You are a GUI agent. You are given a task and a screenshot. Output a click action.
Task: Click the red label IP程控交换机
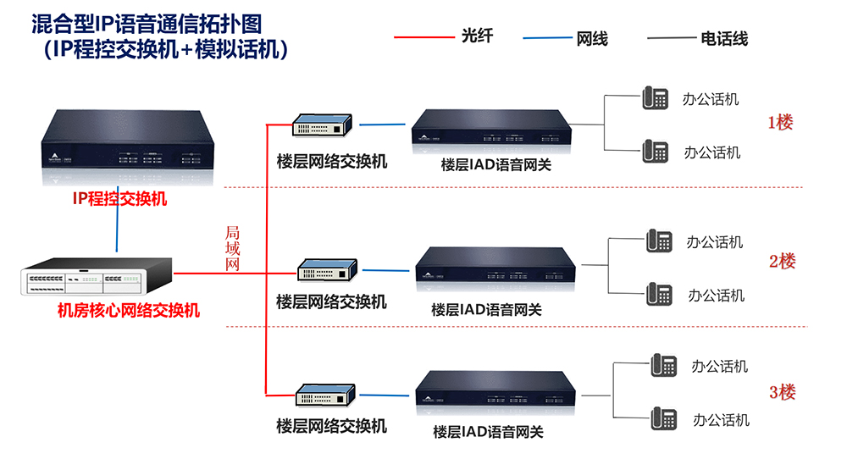[x=119, y=200]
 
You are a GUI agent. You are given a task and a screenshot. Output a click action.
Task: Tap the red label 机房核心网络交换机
[x=128, y=310]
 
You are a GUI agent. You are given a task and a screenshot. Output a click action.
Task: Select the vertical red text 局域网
[x=233, y=248]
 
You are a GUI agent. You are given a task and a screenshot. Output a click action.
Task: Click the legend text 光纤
[x=477, y=36]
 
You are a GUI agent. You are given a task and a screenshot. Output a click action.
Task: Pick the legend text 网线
[x=592, y=39]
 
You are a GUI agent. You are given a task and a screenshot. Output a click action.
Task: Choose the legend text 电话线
[x=724, y=39]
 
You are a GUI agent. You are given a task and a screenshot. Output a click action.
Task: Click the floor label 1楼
[x=780, y=122]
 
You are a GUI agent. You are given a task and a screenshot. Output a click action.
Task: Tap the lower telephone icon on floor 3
[x=663, y=418]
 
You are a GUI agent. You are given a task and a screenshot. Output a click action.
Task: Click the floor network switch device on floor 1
[x=323, y=126]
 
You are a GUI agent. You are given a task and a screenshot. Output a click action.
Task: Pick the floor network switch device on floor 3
[x=324, y=395]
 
